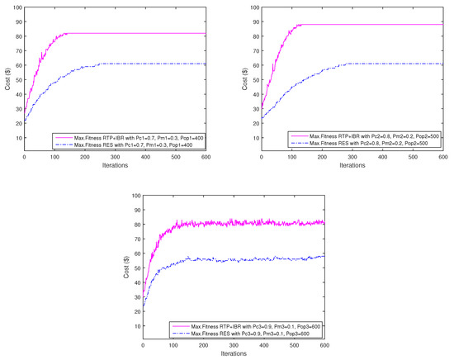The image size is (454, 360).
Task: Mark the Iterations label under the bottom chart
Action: click(x=234, y=353)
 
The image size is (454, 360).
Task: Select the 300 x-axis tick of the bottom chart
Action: click(x=234, y=345)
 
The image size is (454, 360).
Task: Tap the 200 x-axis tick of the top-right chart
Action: click(x=322, y=157)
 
